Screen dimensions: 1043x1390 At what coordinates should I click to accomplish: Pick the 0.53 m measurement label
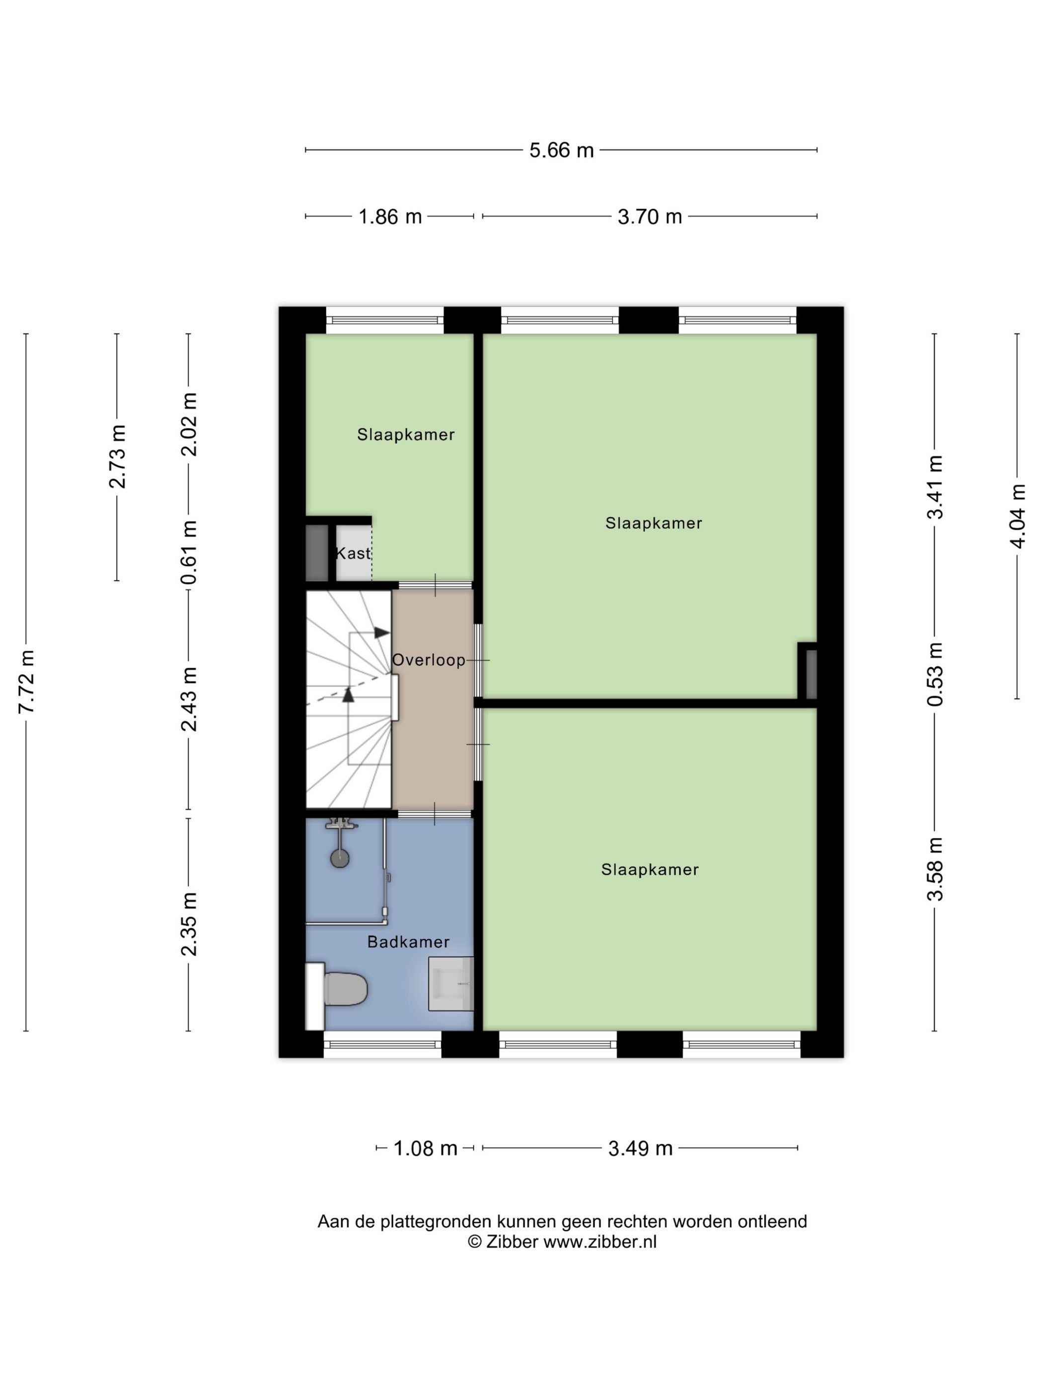(935, 674)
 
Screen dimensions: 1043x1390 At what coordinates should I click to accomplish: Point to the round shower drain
(340, 858)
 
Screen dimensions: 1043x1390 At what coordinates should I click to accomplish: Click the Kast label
(353, 553)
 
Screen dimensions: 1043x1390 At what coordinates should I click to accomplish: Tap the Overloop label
(429, 660)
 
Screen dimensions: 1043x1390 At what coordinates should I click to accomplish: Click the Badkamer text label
(409, 942)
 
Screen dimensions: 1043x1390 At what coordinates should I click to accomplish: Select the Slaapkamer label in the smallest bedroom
(405, 434)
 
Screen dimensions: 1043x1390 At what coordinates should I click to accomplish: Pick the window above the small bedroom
(385, 320)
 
